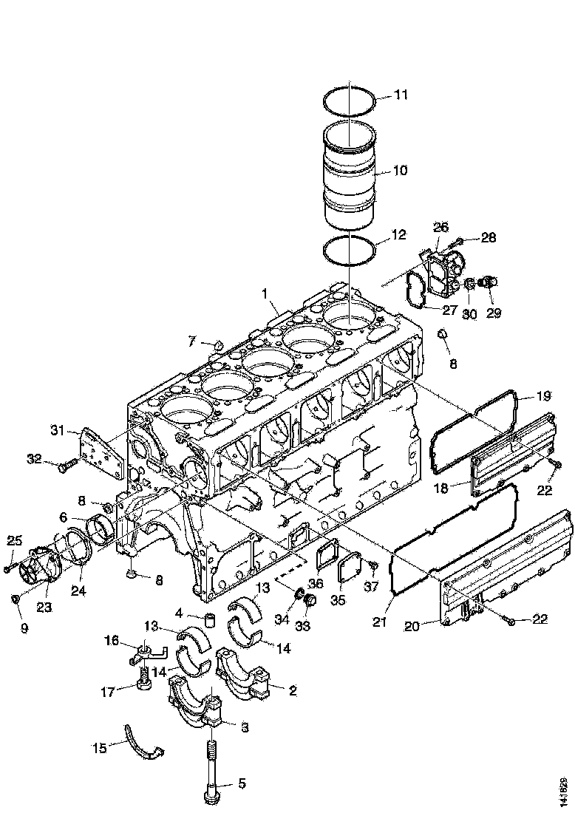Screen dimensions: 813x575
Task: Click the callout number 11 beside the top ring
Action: (400, 95)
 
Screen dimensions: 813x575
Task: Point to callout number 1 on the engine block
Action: (263, 294)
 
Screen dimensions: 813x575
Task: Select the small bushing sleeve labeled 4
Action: (209, 619)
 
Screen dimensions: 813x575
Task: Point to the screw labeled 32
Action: (65, 465)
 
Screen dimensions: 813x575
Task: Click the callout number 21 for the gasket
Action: (379, 622)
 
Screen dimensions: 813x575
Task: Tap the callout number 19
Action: (543, 395)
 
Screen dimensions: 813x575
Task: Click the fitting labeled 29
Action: (489, 282)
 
